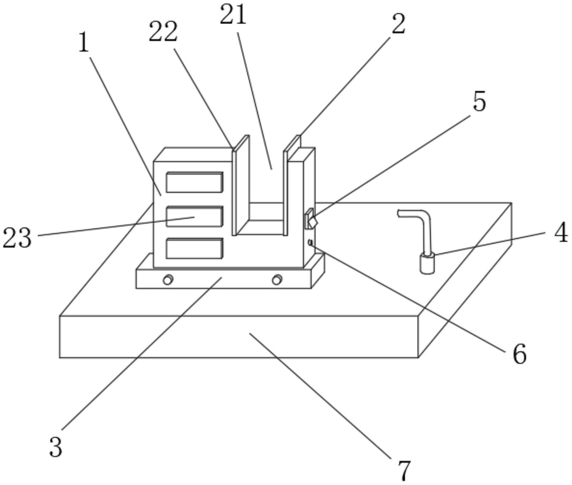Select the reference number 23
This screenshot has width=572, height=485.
(17, 238)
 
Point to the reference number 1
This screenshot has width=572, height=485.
(84, 43)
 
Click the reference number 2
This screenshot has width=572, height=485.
(398, 24)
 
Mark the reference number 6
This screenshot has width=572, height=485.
(520, 354)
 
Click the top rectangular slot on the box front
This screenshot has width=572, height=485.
(194, 182)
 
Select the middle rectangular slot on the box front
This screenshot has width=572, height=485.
(194, 216)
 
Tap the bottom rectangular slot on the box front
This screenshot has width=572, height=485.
(194, 248)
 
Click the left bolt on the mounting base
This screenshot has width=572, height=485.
(168, 280)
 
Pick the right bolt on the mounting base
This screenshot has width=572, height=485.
(277, 280)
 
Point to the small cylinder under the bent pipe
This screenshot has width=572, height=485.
(427, 264)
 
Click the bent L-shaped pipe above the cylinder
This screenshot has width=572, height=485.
(423, 225)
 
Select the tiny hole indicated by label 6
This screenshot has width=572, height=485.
(310, 242)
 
